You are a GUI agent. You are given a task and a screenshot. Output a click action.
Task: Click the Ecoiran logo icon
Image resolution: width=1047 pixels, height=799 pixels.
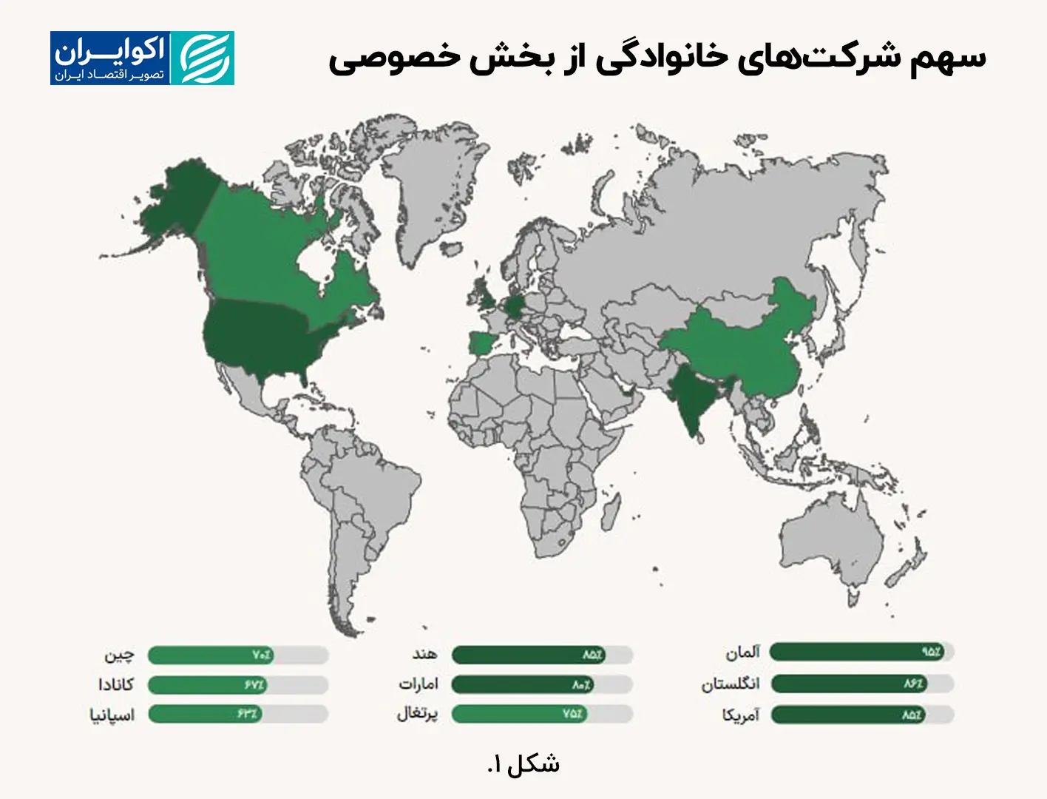pos(202,58)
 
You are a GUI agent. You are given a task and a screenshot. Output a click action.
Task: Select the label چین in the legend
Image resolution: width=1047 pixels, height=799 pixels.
pos(119,655)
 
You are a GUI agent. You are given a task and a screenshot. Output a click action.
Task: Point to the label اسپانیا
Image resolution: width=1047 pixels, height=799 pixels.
pos(112,715)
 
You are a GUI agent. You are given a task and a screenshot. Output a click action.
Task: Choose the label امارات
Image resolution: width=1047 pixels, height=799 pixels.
pos(419,684)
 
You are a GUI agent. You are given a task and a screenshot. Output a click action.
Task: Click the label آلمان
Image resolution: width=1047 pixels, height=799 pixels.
pos(742,653)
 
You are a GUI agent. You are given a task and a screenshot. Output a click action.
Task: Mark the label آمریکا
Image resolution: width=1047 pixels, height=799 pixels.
pos(741,715)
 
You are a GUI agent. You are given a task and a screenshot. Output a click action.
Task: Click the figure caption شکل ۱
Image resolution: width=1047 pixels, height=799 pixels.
pos(523,764)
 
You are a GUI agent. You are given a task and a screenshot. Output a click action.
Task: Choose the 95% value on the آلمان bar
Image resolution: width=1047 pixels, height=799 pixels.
pos(930,652)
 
